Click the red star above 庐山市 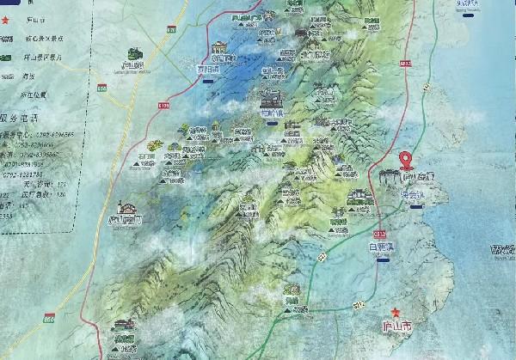396,313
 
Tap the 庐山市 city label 397,327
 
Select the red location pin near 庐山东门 408,159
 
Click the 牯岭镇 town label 271,112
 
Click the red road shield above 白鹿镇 378,232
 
